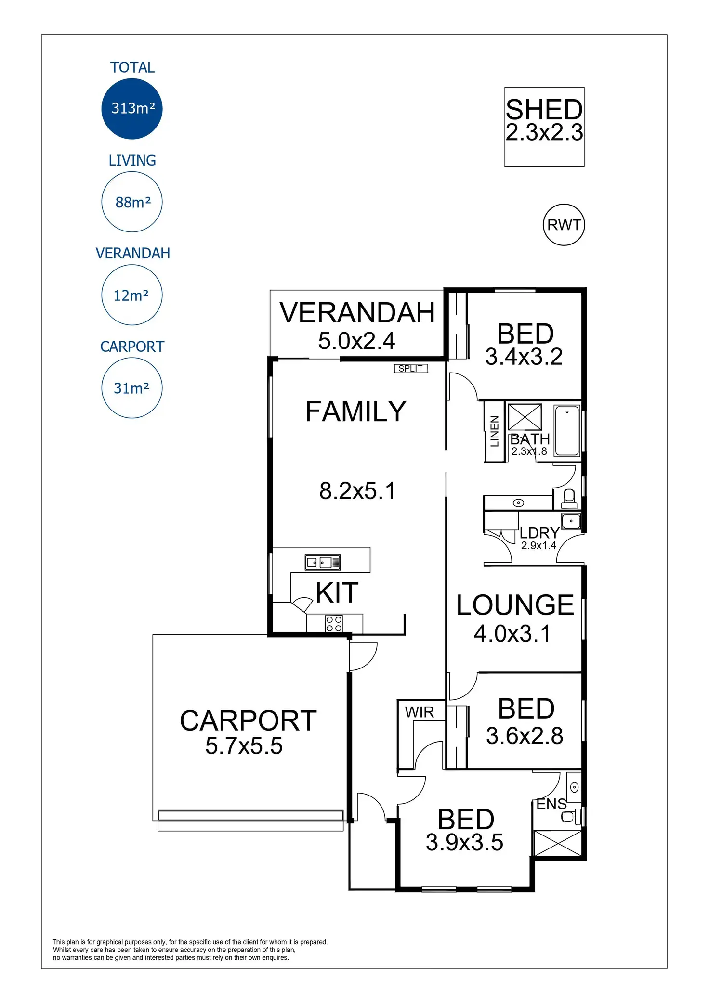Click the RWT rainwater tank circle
pyautogui.click(x=564, y=225)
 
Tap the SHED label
pyautogui.click(x=544, y=110)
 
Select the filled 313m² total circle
pyautogui.click(x=132, y=109)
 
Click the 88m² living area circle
pyautogui.click(x=132, y=202)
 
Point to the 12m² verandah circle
pyautogui.click(x=132, y=295)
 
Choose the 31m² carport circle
pyautogui.click(x=132, y=388)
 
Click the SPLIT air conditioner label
pyautogui.click(x=411, y=369)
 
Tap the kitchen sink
pyautogui.click(x=323, y=562)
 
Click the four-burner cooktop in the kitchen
pyautogui.click(x=334, y=623)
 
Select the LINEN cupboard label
pyautogui.click(x=494, y=432)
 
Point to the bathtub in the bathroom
pyautogui.click(x=567, y=431)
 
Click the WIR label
pyautogui.click(x=420, y=712)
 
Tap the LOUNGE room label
pyautogui.click(x=515, y=605)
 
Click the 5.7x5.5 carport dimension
pyautogui.click(x=244, y=746)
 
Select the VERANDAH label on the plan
pyautogui.click(x=357, y=313)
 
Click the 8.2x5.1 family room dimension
pyautogui.click(x=357, y=491)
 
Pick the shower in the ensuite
pyautogui.click(x=558, y=843)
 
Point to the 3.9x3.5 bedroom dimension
pyautogui.click(x=465, y=842)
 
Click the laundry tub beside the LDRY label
pyautogui.click(x=571, y=521)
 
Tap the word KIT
pyautogui.click(x=337, y=592)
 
